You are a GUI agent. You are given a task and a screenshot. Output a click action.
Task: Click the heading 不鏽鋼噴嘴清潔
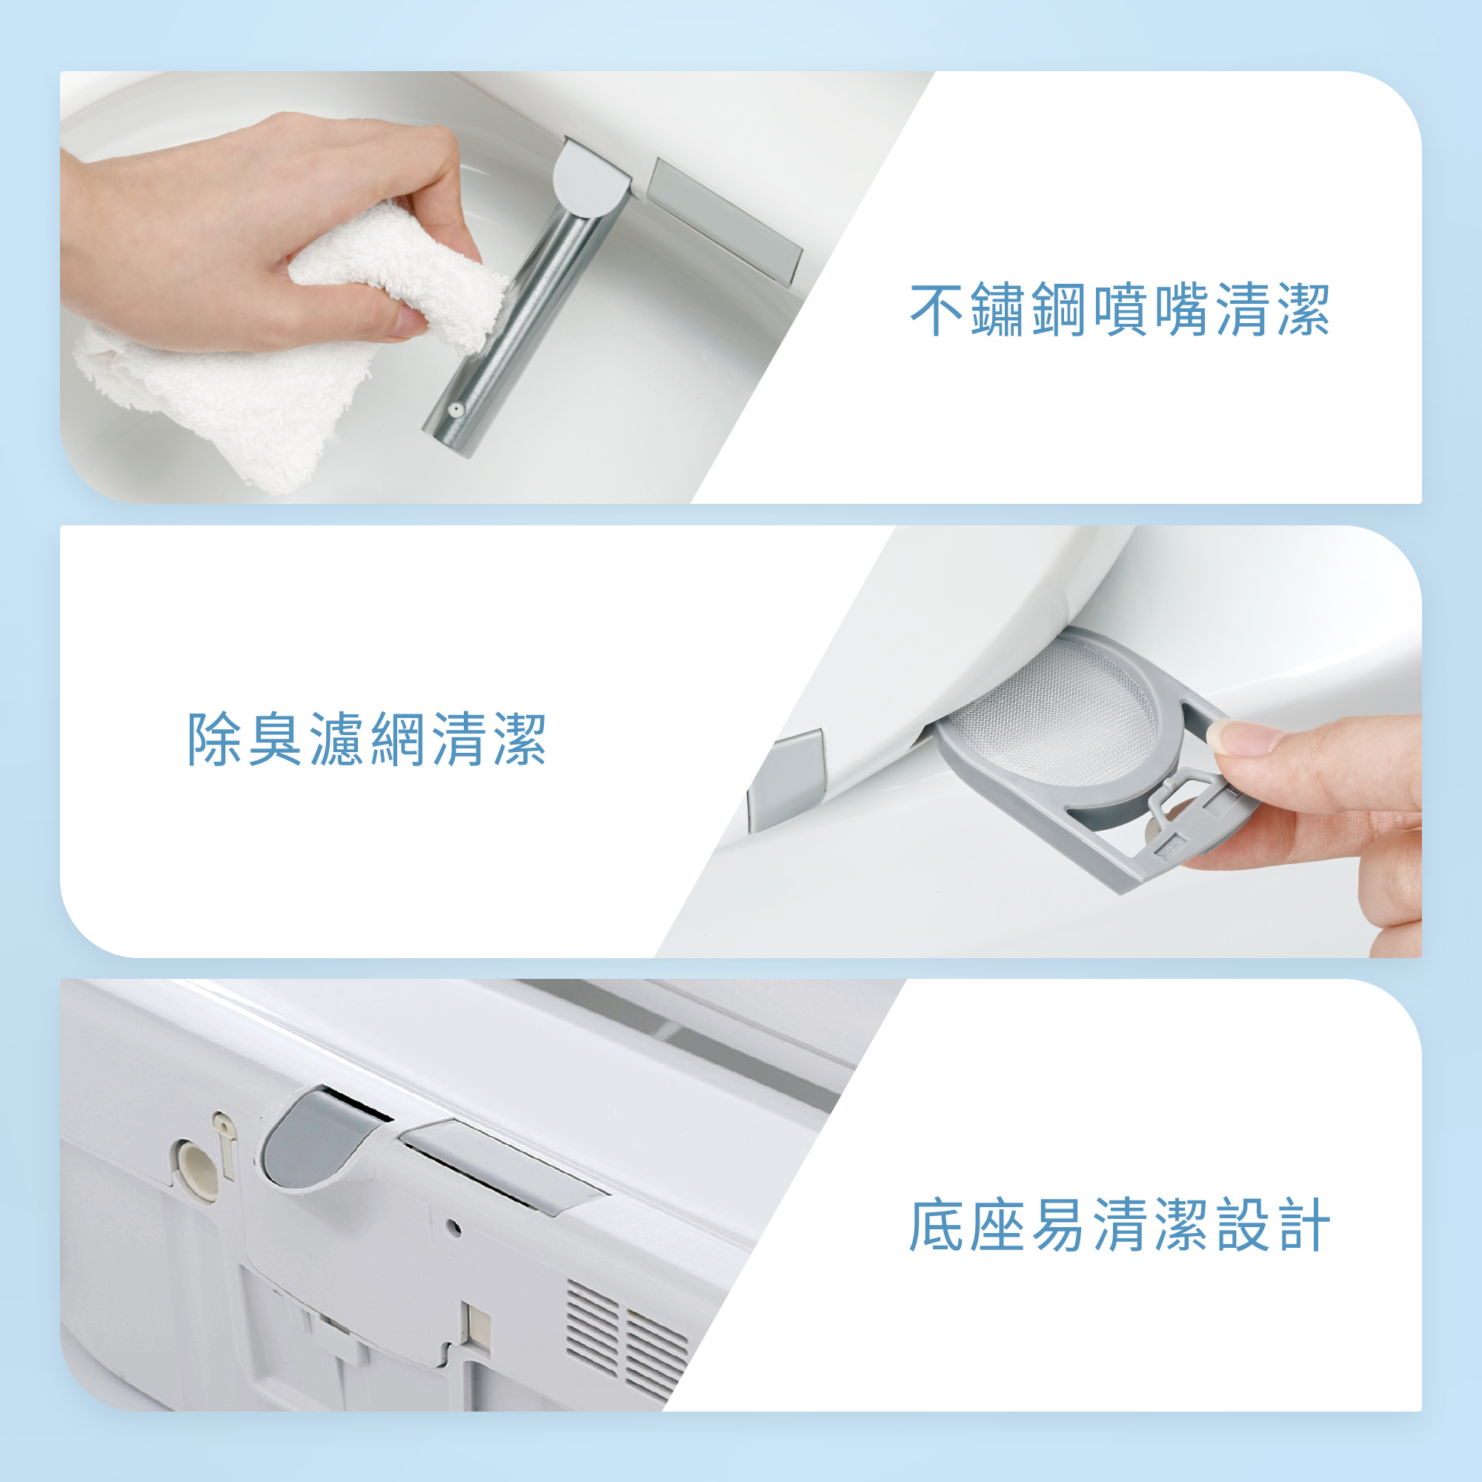point(1119,310)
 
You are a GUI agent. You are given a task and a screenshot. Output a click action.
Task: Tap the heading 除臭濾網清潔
point(367,740)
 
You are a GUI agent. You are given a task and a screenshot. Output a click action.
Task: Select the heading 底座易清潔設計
point(1119,1225)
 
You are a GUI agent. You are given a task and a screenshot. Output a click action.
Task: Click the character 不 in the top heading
point(937,310)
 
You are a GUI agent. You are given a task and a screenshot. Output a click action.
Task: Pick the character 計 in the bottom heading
point(1303,1225)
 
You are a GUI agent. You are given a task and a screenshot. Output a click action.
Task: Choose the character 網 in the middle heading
point(397,740)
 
